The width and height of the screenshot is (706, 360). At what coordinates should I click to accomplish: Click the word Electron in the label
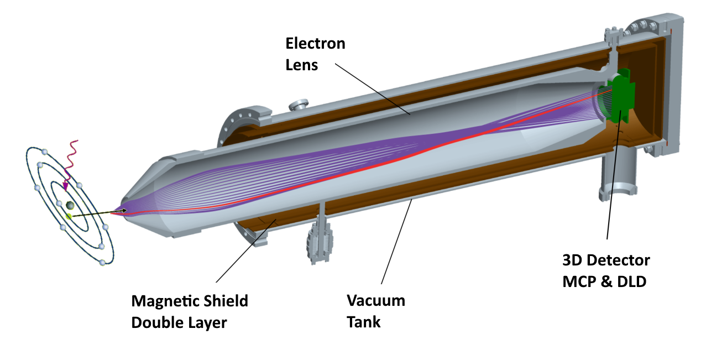click(315, 44)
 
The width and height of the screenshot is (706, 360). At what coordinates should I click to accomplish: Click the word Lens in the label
click(301, 64)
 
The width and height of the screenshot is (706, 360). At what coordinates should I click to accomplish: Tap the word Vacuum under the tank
click(375, 301)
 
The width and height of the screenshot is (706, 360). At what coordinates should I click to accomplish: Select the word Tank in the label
click(363, 321)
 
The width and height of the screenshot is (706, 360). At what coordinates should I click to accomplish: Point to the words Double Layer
click(179, 322)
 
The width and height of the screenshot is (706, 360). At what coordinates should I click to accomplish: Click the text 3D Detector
click(605, 260)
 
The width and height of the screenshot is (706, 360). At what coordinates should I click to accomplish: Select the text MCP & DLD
click(604, 281)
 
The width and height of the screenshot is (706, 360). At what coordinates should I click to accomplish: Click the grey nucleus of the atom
click(70, 206)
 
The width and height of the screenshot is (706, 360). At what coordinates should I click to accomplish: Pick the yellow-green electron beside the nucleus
click(69, 216)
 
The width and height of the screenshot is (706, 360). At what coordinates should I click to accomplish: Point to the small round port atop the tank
click(301, 103)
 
